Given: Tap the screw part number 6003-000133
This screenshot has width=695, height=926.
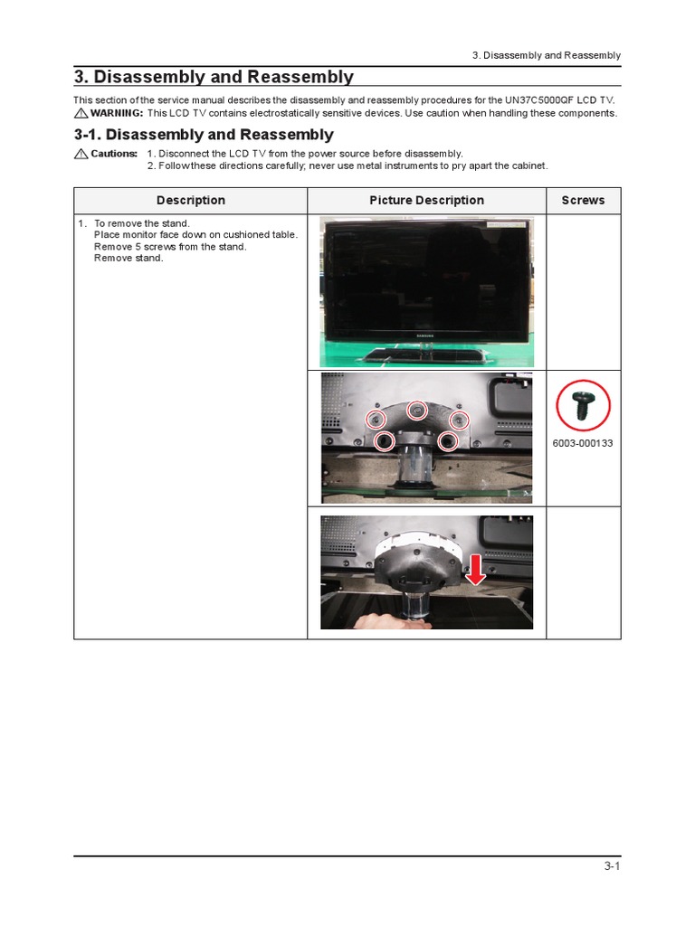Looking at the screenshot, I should (582, 444).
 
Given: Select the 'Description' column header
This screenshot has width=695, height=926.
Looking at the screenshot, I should (190, 201).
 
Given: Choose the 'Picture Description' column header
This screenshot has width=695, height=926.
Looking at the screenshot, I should (426, 201).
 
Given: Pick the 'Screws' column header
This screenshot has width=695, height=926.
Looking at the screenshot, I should (583, 201).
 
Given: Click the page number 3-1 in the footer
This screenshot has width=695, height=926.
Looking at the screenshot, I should (612, 866).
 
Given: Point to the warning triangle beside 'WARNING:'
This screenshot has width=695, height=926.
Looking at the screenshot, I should (81, 114).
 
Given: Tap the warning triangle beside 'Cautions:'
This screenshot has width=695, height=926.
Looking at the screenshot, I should (81, 154).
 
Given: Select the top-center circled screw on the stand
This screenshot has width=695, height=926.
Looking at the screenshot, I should (416, 410).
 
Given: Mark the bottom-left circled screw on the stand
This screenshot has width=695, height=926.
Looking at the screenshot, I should (384, 440).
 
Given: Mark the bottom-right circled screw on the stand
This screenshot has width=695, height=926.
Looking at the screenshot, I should (447, 440).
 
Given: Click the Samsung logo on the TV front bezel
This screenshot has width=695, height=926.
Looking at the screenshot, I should (425, 335).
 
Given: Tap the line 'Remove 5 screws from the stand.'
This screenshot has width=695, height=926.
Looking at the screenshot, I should (170, 247).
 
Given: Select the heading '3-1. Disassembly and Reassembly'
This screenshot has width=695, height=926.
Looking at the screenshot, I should (204, 135).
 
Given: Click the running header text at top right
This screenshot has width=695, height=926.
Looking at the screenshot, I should (547, 55).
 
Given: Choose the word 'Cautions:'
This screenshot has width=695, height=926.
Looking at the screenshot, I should (114, 154).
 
